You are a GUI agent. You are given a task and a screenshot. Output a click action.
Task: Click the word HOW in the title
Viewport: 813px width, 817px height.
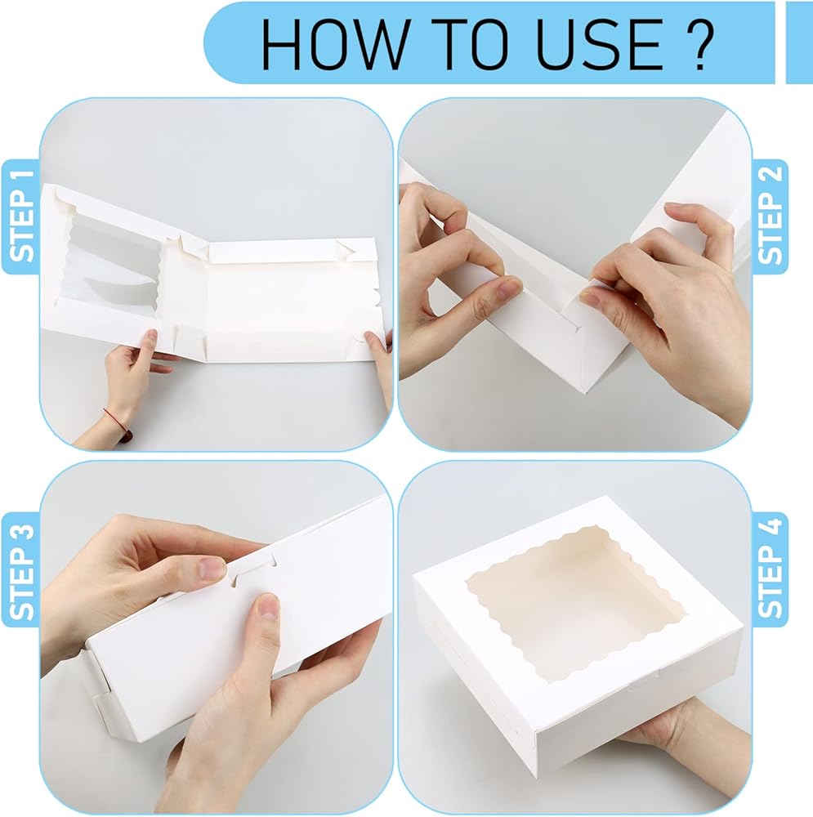[x=333, y=44]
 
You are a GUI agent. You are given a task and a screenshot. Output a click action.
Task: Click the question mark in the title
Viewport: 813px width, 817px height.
[x=699, y=44]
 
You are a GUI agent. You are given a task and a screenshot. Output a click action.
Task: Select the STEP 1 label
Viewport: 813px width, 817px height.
[x=21, y=217]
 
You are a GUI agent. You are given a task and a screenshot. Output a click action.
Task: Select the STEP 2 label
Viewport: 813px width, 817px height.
[x=770, y=215]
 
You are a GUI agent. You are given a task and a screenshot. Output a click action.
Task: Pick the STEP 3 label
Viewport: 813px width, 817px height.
[x=21, y=572]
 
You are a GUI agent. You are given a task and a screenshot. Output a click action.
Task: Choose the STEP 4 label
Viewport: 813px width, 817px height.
[x=770, y=568]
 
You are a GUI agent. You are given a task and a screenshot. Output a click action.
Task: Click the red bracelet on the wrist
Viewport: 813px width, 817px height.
[x=118, y=424]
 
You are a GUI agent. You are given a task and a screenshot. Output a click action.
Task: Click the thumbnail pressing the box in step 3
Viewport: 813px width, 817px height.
[x=268, y=606]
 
